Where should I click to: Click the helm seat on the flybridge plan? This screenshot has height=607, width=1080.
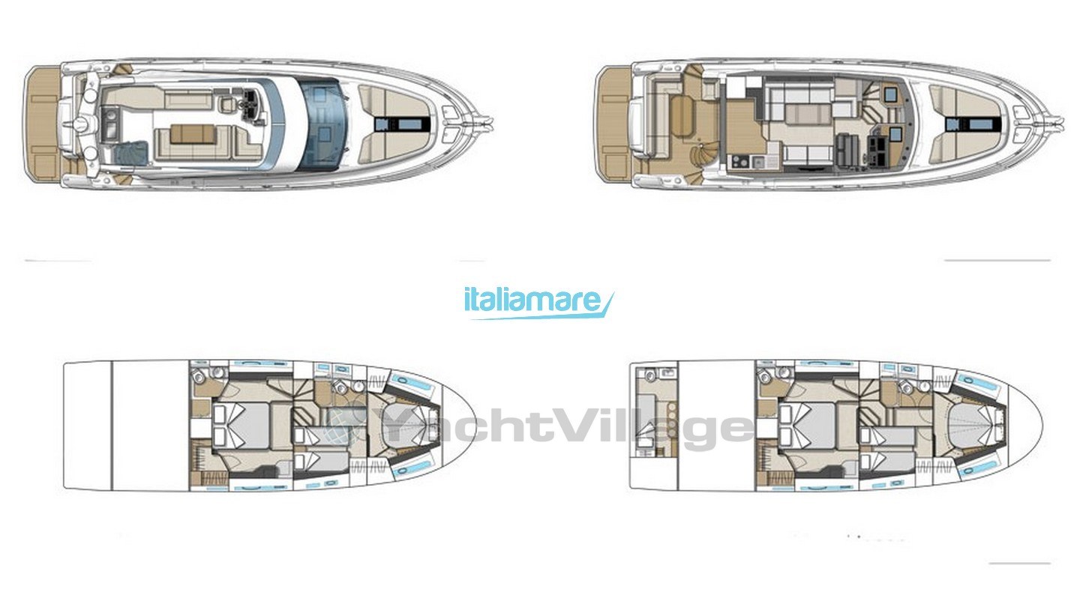coord(226,105)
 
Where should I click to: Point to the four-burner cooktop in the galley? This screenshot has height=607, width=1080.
coord(739,163)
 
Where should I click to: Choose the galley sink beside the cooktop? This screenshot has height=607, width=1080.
coord(757,162)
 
